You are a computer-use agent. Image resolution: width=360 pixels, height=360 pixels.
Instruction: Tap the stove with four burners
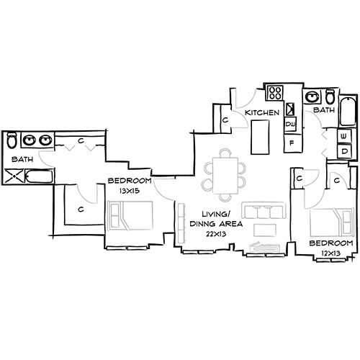click(x=276, y=93)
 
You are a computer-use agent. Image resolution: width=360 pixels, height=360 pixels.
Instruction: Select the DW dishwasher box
click(x=292, y=125)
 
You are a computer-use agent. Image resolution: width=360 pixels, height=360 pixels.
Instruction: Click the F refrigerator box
click(x=292, y=143)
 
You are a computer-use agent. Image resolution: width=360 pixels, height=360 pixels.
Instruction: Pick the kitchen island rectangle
click(x=260, y=136)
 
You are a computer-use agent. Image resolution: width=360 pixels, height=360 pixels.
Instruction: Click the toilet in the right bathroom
click(x=330, y=96)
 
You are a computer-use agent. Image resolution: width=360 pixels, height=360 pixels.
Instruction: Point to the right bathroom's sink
click(x=313, y=97)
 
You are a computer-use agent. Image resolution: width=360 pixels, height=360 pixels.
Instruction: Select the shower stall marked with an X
click(x=14, y=175)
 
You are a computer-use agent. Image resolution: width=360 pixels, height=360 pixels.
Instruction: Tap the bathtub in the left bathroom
click(x=38, y=176)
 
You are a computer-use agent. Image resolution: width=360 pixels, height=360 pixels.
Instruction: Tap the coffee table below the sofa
click(x=266, y=230)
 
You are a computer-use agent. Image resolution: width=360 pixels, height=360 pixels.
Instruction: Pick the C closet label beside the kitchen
click(x=225, y=120)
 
